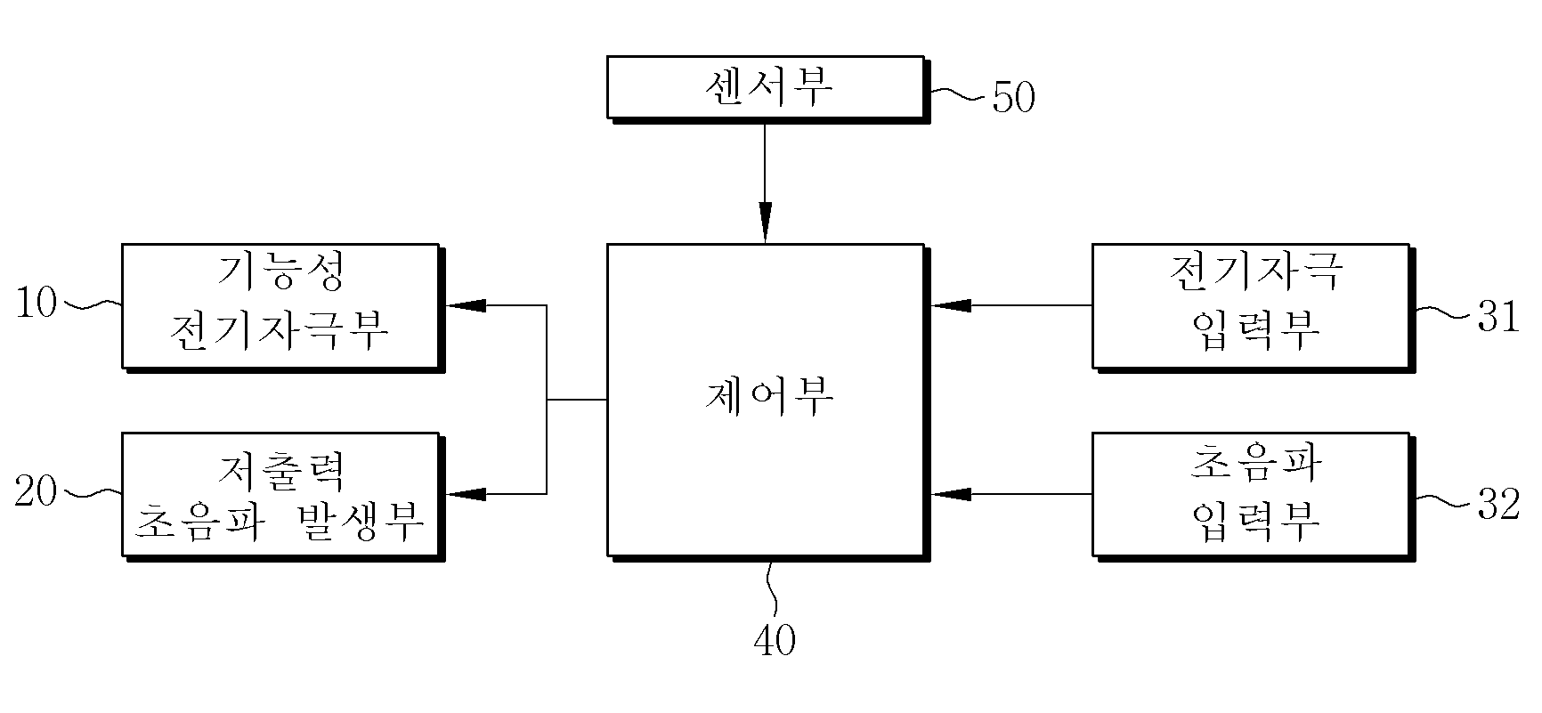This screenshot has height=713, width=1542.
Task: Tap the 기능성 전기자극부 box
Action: (x=282, y=307)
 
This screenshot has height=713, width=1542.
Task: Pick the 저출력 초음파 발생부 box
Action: (x=282, y=496)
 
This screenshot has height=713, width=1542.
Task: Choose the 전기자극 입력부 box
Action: (x=1254, y=307)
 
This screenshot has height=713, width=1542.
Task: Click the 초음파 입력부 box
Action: (x=1254, y=496)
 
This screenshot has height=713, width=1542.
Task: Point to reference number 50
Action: (x=1013, y=98)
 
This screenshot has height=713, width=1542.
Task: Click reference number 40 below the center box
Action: (x=774, y=640)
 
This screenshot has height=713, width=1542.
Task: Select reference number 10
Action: (x=37, y=304)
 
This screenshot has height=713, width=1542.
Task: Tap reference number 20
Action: (x=37, y=491)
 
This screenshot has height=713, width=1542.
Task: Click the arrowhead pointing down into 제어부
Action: (x=765, y=223)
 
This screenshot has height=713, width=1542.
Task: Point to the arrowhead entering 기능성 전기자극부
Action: (x=466, y=305)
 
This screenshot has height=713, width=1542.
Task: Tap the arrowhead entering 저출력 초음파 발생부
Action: (x=466, y=493)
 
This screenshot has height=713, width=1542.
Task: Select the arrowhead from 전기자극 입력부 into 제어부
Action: (x=951, y=305)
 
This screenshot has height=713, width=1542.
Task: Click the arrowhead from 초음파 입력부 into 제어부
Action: (x=951, y=493)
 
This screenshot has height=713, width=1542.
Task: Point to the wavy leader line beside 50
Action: (x=960, y=93)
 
